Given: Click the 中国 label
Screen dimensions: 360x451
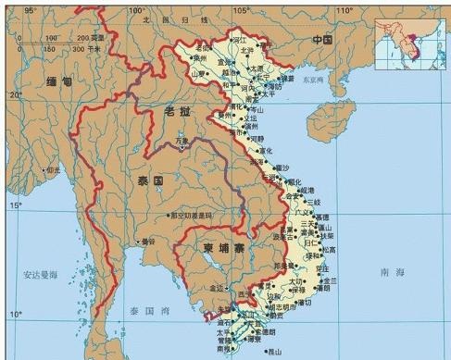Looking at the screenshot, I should [x=320, y=40].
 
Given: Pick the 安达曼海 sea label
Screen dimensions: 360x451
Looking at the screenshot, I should [x=39, y=275].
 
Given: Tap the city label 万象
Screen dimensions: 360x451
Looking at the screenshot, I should [x=183, y=142].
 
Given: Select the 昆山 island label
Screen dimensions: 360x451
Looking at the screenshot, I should [x=275, y=351].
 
